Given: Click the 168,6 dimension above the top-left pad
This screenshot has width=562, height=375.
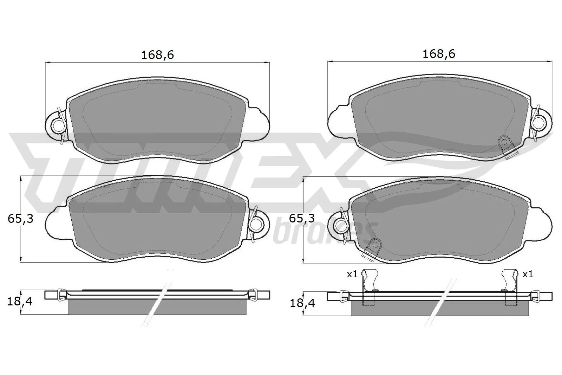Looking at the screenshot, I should [157, 55].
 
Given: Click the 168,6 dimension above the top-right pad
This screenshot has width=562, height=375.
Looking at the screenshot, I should [439, 54].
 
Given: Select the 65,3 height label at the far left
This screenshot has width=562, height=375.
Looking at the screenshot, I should [20, 219].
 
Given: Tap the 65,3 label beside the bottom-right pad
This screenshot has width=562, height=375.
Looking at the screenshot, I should [302, 219].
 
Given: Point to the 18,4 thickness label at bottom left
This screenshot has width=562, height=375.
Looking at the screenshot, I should [20, 301].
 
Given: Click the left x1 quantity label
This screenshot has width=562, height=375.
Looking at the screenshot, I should [352, 274].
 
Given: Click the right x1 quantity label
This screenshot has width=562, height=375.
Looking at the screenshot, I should [527, 274].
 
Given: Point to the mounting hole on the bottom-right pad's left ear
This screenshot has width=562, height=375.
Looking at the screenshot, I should [340, 224].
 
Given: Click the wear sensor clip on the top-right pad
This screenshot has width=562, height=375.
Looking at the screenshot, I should [507, 147].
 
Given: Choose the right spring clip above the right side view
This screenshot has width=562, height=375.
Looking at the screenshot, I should [510, 281].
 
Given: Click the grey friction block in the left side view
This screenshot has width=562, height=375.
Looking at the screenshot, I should [157, 308].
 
